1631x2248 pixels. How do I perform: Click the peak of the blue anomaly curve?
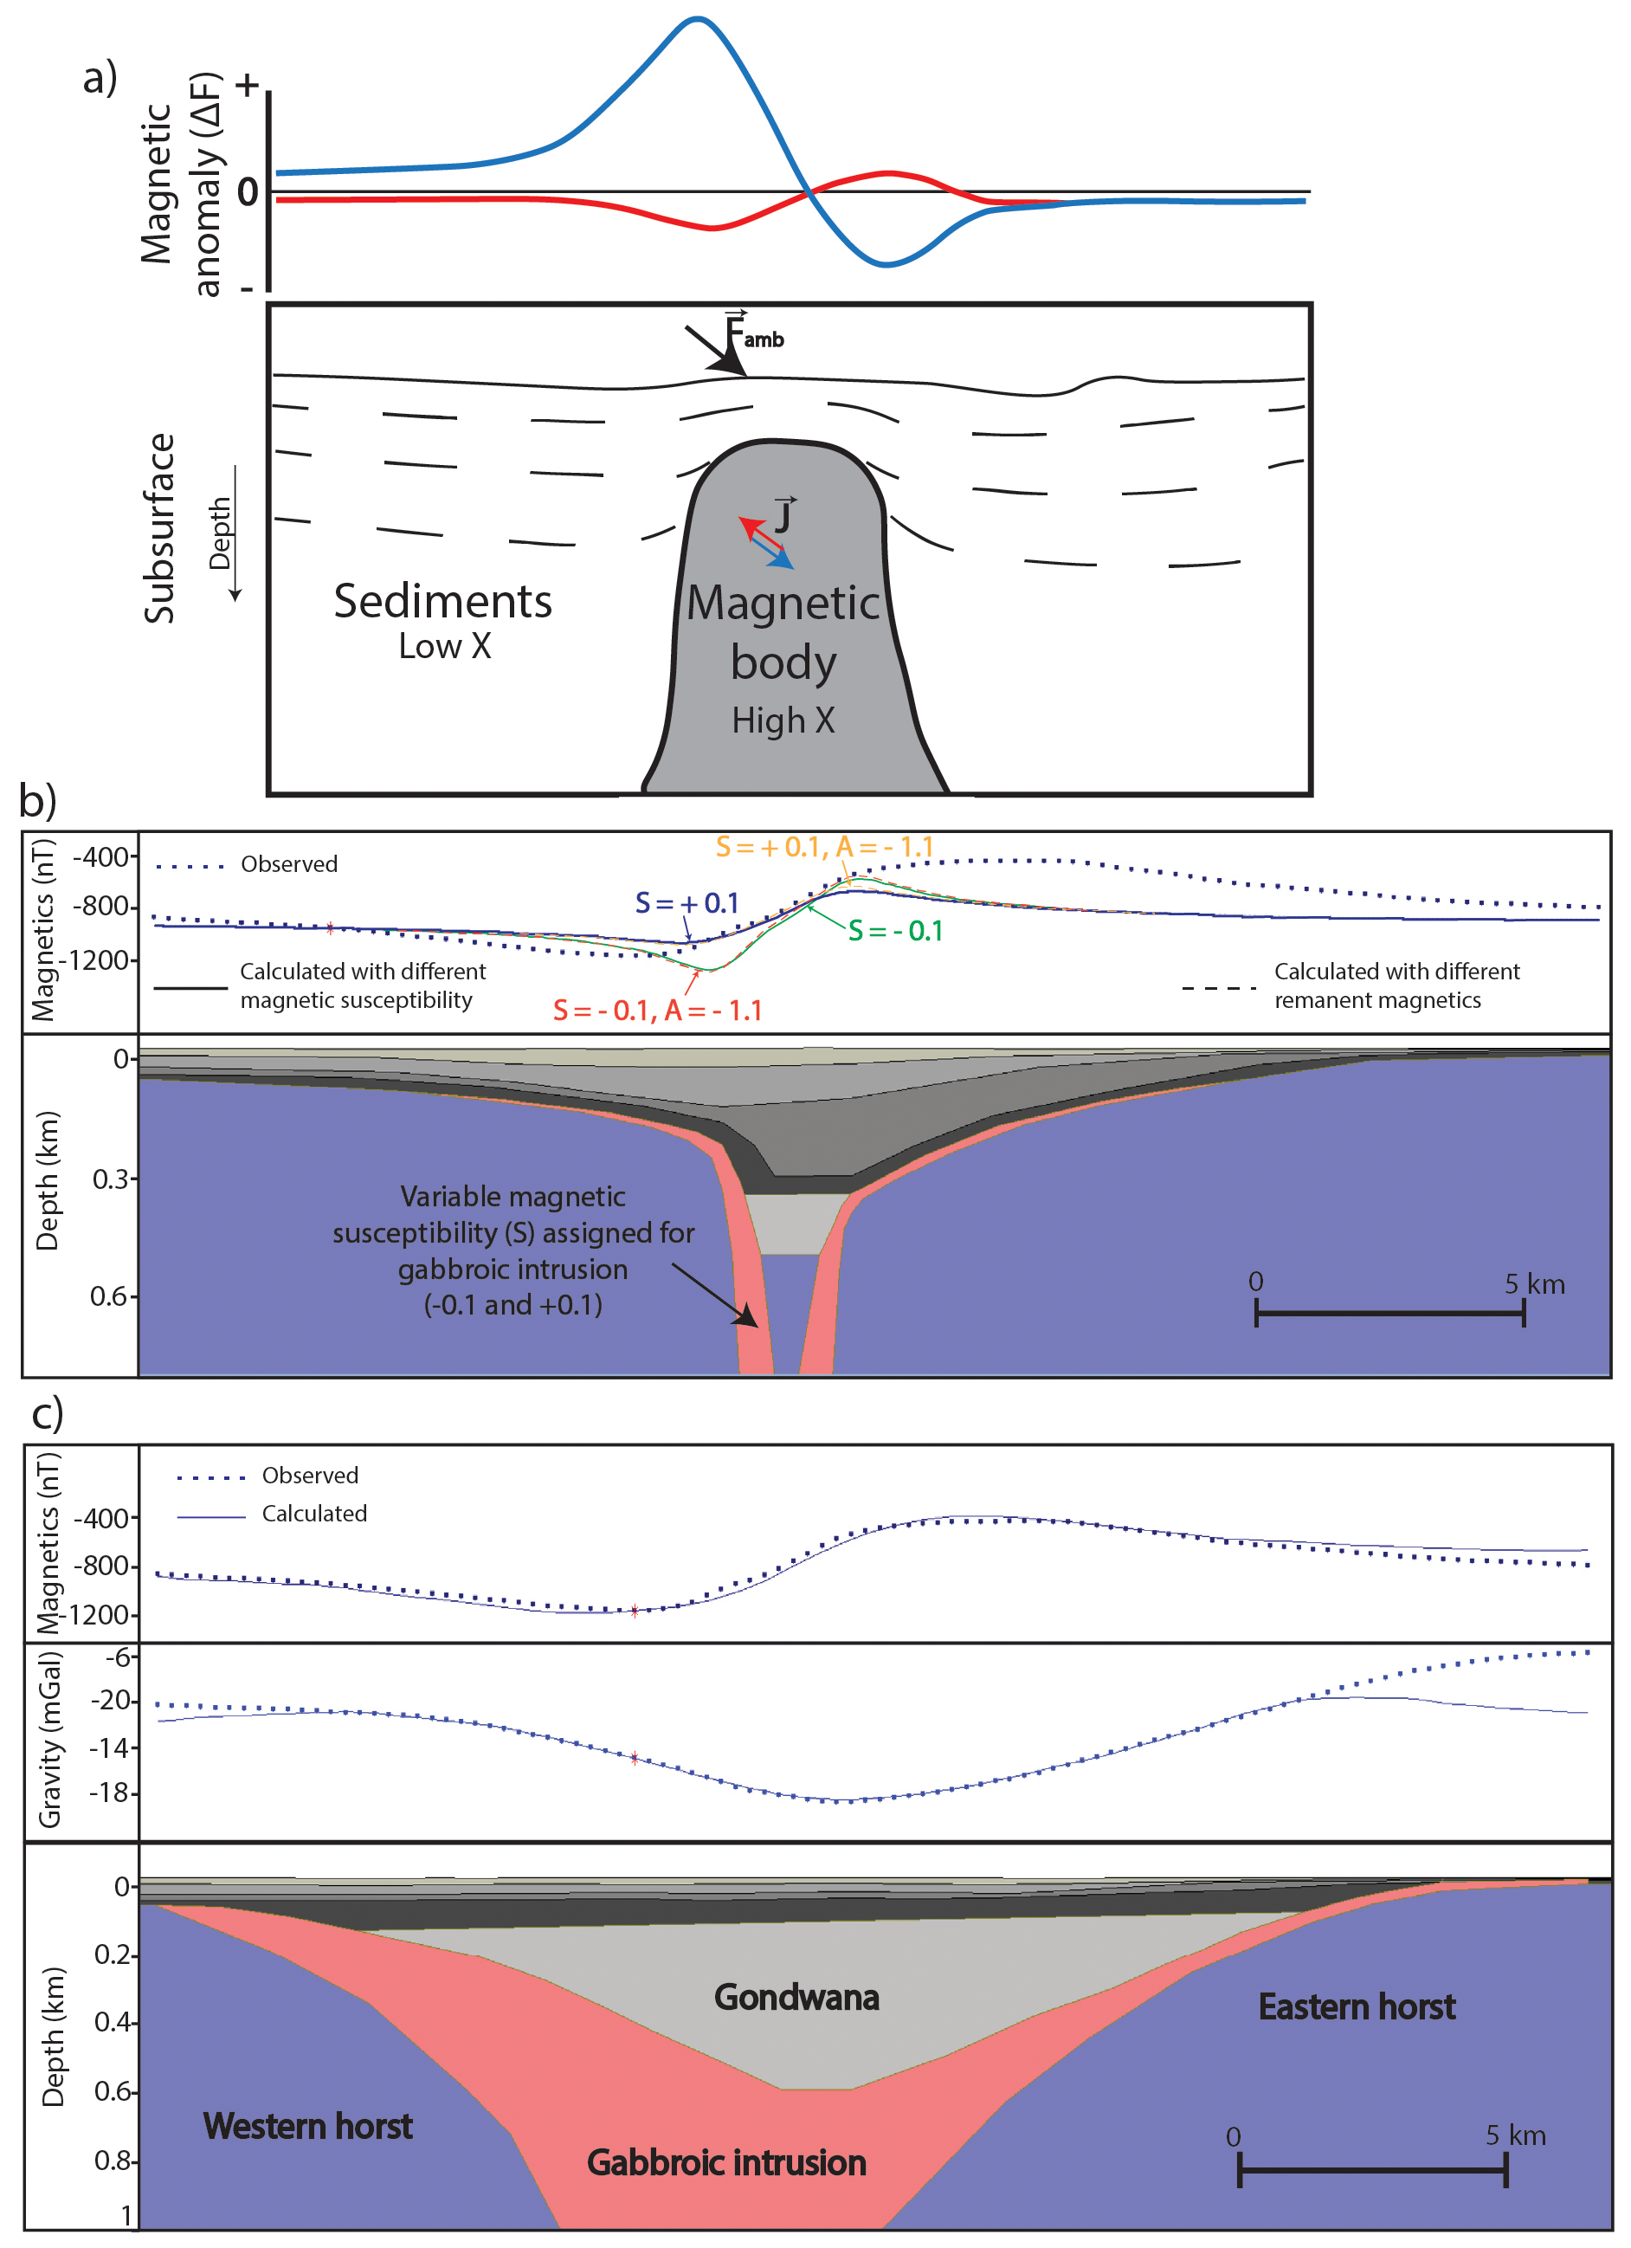698,19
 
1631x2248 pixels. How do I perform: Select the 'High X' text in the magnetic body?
783,720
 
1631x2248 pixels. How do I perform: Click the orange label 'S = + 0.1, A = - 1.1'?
824,847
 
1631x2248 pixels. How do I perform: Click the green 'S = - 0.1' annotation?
895,931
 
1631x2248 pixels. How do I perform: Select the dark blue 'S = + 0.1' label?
687,903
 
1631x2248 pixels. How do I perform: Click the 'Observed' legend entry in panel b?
288,864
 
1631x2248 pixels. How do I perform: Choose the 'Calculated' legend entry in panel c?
313,1514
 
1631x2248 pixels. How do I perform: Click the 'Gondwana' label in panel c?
796,1997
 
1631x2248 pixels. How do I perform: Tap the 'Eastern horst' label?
1356,2007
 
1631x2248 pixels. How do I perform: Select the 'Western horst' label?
307,2126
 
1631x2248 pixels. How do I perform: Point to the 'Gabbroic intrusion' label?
725,2163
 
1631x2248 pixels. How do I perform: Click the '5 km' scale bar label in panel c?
1514,2135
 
